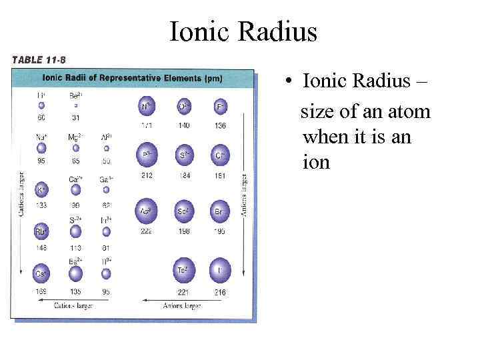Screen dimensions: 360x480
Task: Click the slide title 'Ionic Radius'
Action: (243, 31)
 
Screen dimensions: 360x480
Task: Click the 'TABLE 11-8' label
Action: (38, 59)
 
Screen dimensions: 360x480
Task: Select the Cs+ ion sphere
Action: (42, 273)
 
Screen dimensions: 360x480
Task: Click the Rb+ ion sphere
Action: (42, 232)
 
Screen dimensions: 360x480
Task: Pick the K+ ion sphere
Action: (42, 190)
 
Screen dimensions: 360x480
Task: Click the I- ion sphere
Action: (220, 270)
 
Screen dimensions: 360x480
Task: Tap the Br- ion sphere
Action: (220, 211)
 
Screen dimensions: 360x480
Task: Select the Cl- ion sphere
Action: (220, 155)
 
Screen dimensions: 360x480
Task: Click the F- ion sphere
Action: (220, 106)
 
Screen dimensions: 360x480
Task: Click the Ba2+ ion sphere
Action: (75, 273)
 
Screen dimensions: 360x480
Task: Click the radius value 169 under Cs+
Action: (41, 292)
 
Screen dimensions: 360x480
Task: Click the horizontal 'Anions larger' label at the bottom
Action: (183, 306)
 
